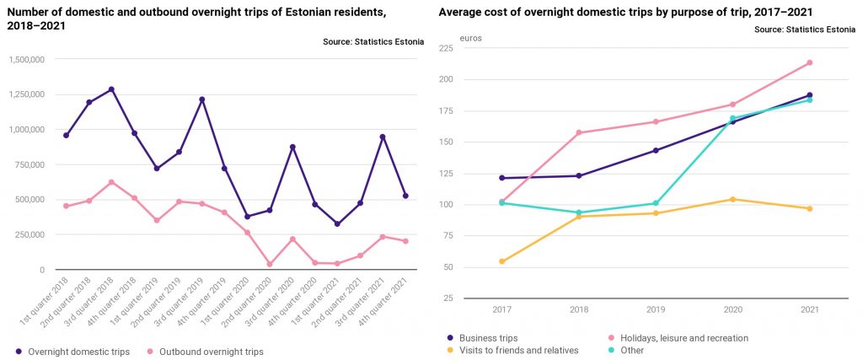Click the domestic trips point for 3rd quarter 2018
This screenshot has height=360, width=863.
pyautogui.click(x=111, y=89)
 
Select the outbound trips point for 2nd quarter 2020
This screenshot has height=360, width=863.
pyautogui.click(x=270, y=265)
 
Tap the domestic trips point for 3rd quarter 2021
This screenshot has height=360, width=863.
pyautogui.click(x=383, y=137)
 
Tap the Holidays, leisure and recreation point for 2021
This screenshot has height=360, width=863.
pyautogui.click(x=809, y=62)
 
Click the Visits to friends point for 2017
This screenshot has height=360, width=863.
pyautogui.click(x=502, y=261)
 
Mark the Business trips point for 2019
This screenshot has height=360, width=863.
pyautogui.click(x=656, y=150)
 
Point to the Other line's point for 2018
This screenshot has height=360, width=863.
pyautogui.click(x=579, y=212)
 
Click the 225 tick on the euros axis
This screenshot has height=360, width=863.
pyautogui.click(x=446, y=48)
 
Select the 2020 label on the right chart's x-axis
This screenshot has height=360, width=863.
pyautogui.click(x=732, y=310)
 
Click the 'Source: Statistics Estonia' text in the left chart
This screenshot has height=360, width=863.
pyautogui.click(x=373, y=42)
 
